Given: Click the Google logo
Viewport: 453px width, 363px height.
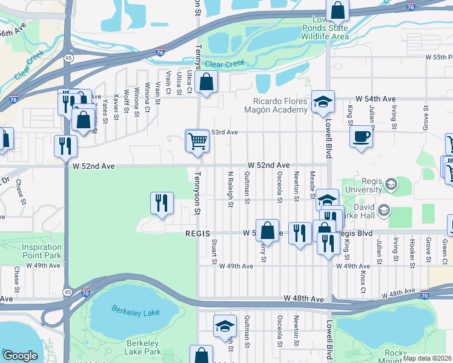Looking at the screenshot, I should tap(19, 356).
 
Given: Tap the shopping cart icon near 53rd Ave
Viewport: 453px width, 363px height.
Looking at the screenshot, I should tap(198, 142).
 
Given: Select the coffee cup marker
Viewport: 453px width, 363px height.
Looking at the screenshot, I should tap(362, 137).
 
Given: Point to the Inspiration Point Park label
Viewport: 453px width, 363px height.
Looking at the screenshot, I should tap(42, 251).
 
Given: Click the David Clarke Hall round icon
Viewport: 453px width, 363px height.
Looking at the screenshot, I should tap(383, 210).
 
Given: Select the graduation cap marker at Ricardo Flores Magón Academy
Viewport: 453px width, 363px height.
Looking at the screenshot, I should tap(323, 102).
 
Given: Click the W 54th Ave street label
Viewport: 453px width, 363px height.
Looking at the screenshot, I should tap(375, 99).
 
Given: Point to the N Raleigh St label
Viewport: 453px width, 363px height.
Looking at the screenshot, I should tap(231, 189).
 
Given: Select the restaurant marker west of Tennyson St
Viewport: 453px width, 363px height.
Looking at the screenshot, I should tap(162, 204).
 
